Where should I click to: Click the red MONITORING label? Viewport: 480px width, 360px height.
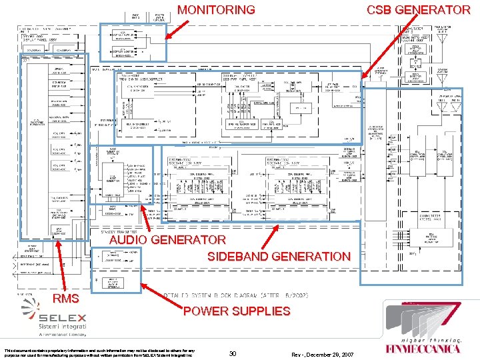pos(216,10)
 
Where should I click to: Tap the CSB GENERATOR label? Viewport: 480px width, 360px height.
pos(419,10)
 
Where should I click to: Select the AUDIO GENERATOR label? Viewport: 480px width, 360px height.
pos(167,239)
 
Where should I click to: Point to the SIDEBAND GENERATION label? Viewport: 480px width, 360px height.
pos(279,257)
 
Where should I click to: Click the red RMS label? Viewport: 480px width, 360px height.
pos(66,297)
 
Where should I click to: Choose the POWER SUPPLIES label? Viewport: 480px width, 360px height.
pos(237,311)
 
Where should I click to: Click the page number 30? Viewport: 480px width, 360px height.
pos(233,353)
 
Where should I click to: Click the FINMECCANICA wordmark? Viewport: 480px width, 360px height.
pos(423,348)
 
